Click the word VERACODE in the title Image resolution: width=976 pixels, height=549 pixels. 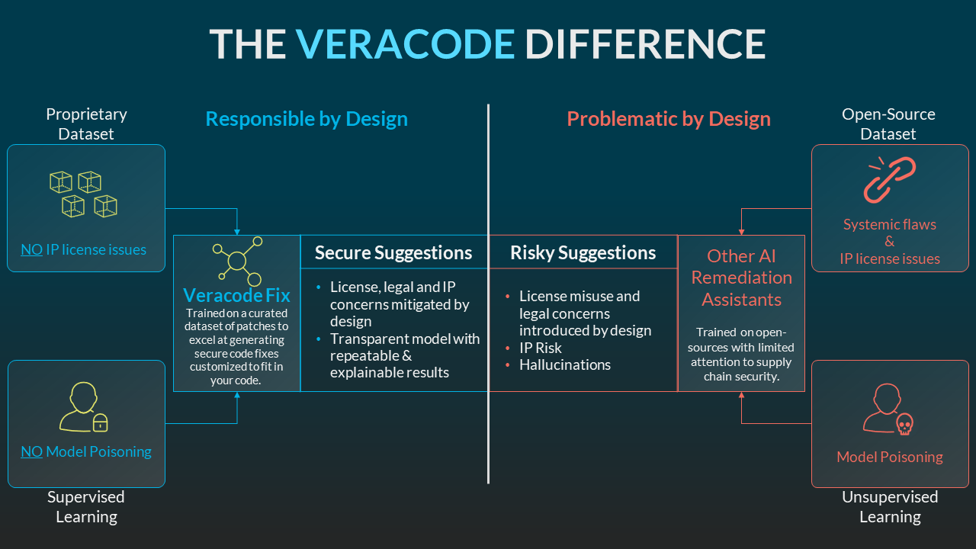pos(405,43)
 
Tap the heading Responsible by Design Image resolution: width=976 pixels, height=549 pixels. pos(307,119)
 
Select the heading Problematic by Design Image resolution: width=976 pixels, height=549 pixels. pos(669,119)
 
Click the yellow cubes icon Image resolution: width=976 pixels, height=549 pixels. pos(83,194)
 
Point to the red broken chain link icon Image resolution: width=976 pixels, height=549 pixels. pos(889,179)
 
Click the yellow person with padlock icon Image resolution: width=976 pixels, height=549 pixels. pos(83,407)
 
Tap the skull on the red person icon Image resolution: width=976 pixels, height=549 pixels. pos(904,424)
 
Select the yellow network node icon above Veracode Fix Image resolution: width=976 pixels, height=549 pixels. pos(237,261)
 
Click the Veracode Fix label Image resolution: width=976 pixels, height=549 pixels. pos(236,295)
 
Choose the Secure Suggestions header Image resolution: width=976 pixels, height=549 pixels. pos(393,252)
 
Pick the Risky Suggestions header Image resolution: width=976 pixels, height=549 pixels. pos(583,252)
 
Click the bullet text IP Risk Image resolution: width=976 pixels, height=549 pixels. pos(541,348)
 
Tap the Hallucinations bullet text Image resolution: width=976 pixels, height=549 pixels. pos(565,364)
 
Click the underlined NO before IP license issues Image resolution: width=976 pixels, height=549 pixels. pos(32,249)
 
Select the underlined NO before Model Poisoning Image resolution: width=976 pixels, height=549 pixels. pos(32,451)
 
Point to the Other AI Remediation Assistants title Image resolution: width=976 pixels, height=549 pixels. pos(742,278)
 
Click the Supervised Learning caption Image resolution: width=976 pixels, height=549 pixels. pos(86,507)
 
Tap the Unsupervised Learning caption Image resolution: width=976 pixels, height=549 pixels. pos(890,507)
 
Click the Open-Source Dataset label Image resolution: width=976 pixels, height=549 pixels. pos(888,124)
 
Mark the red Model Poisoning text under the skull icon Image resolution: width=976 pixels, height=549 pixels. pos(890,457)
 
